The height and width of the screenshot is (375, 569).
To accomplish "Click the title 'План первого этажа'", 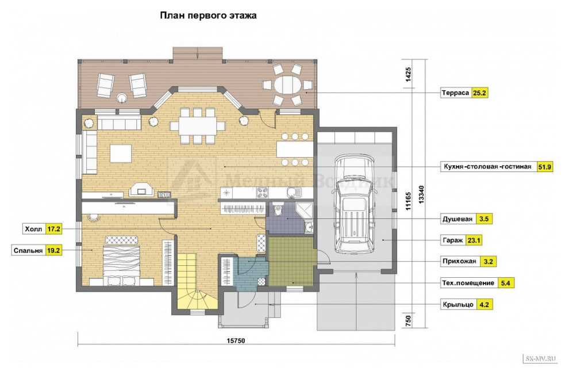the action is (208, 16).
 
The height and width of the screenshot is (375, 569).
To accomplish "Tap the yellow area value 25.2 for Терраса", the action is (479, 93).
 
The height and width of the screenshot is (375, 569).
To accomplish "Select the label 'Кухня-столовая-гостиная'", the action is (487, 167).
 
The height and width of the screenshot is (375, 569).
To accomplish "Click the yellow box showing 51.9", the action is (544, 167).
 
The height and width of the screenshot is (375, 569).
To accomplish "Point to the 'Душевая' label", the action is (457, 219).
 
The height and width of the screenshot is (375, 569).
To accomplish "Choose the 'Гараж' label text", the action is (452, 240).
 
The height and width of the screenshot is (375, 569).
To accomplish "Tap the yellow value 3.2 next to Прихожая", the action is (488, 261).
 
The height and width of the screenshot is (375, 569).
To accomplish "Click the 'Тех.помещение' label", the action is (468, 283).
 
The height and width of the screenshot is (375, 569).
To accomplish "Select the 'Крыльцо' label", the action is (457, 304).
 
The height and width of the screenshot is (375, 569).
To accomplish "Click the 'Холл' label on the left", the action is (33, 229).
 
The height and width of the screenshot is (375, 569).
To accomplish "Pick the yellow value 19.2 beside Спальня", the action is (53, 251).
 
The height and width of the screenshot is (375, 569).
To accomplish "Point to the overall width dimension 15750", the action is (236, 341).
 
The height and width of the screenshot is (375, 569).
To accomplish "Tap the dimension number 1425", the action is (408, 75).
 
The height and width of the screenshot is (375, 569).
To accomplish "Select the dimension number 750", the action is (408, 320).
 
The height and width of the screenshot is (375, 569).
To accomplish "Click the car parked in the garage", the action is (354, 204).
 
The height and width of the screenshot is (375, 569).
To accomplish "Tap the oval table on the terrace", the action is (287, 85).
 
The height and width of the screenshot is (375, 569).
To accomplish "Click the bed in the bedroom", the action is (122, 261).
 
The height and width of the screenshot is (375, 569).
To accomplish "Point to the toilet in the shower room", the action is (278, 209).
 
